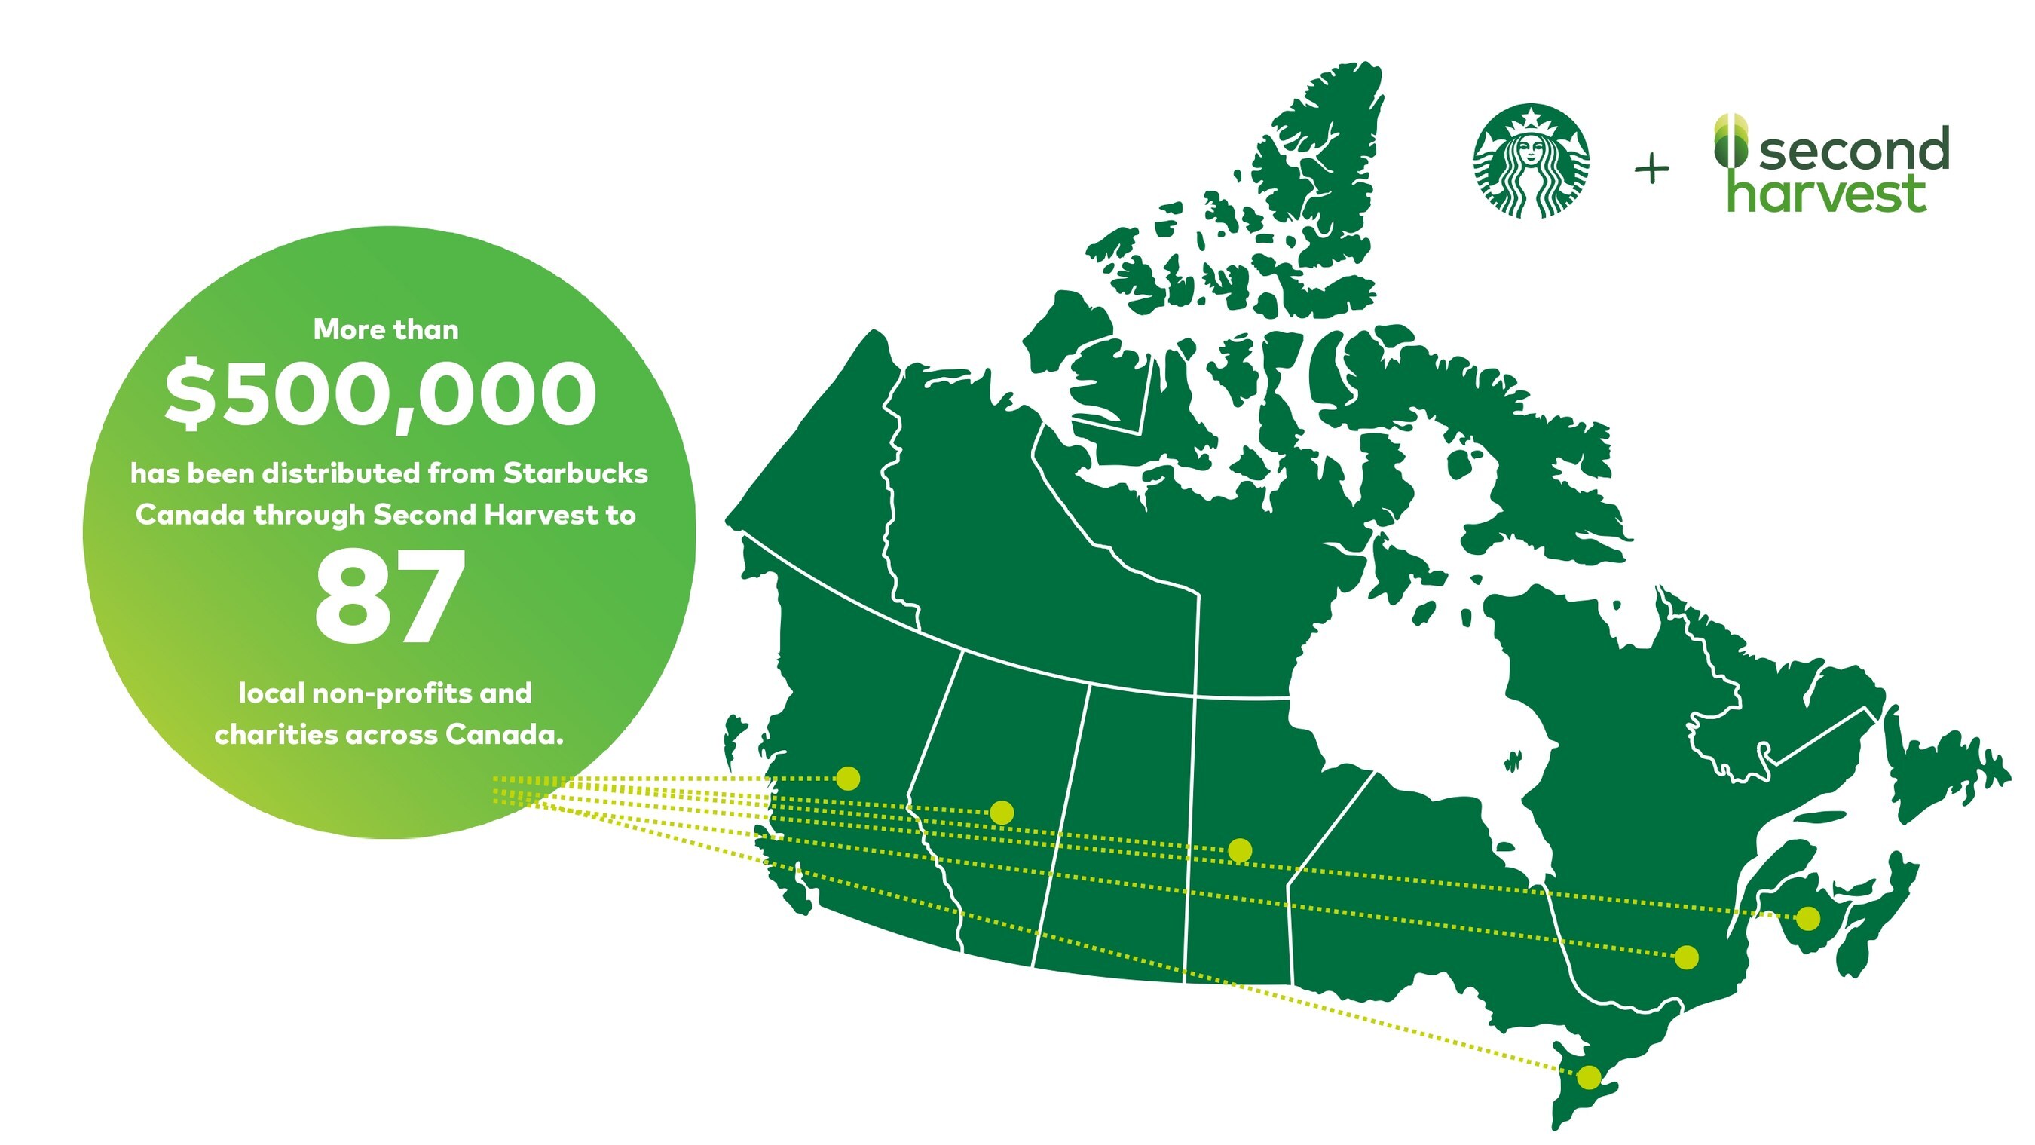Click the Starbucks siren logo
click(x=1531, y=161)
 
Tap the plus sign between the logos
click(x=1651, y=168)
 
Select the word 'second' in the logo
click(x=1854, y=148)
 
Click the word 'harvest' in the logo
click(x=1827, y=191)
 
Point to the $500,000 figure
click(x=381, y=394)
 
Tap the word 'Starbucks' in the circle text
click(x=575, y=473)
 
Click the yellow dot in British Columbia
click(x=848, y=779)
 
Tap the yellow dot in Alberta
click(x=1001, y=813)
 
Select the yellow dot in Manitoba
click(x=1240, y=850)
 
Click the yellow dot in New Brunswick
click(x=1807, y=918)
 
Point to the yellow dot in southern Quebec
click(x=1687, y=957)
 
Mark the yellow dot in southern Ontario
click(x=1589, y=1077)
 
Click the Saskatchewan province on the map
click(x=1114, y=830)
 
